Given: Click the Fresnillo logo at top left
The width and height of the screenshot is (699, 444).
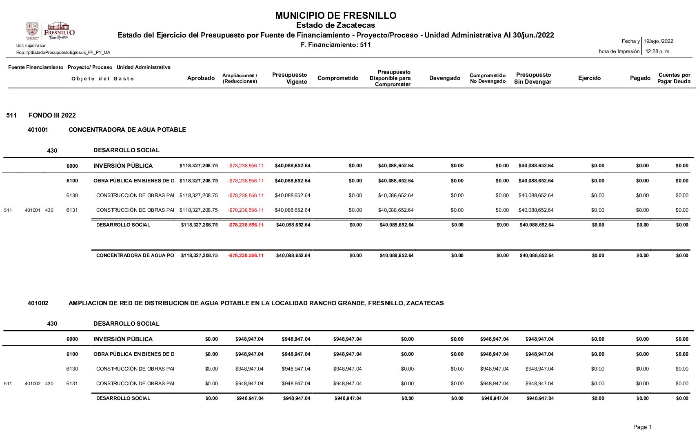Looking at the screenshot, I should pos(50,31).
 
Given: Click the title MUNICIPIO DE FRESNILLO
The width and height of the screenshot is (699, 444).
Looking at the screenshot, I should pos(335,16).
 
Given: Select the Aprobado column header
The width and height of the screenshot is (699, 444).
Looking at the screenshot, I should pos(201,78).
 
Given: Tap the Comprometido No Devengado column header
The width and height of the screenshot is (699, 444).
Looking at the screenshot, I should pos(488,78).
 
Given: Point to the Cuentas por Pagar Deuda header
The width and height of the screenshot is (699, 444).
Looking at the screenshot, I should pos(674,78).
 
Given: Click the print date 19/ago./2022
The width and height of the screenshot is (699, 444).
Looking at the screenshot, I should pos(658,41).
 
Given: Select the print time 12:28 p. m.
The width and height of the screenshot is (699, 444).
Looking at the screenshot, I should pos(658,51).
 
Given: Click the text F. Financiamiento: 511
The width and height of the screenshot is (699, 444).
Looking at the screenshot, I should pos(335,45).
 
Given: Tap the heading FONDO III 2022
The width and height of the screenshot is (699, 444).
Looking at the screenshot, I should pos(52,115).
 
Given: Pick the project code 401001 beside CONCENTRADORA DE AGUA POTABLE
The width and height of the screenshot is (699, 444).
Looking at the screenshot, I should pos(38,130).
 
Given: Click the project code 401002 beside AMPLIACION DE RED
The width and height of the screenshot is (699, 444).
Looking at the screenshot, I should pos(38,303).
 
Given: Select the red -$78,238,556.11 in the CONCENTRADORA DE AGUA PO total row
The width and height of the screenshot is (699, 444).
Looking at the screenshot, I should pos(246,255).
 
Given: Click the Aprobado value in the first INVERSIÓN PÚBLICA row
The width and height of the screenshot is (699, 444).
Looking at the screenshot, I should pos(199,166).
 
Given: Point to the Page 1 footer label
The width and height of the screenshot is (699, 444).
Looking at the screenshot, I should pos(642,427).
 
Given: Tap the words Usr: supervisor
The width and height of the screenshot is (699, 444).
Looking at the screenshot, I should pos(31,45).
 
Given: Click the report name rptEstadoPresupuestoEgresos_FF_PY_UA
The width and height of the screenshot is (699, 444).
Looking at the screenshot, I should pos(63,52).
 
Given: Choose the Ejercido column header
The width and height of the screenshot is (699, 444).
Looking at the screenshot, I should pos(589,78).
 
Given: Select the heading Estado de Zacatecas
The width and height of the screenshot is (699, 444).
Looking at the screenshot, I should pos(335,25).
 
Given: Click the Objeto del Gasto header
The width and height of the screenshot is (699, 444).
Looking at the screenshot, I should pos(102,79).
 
